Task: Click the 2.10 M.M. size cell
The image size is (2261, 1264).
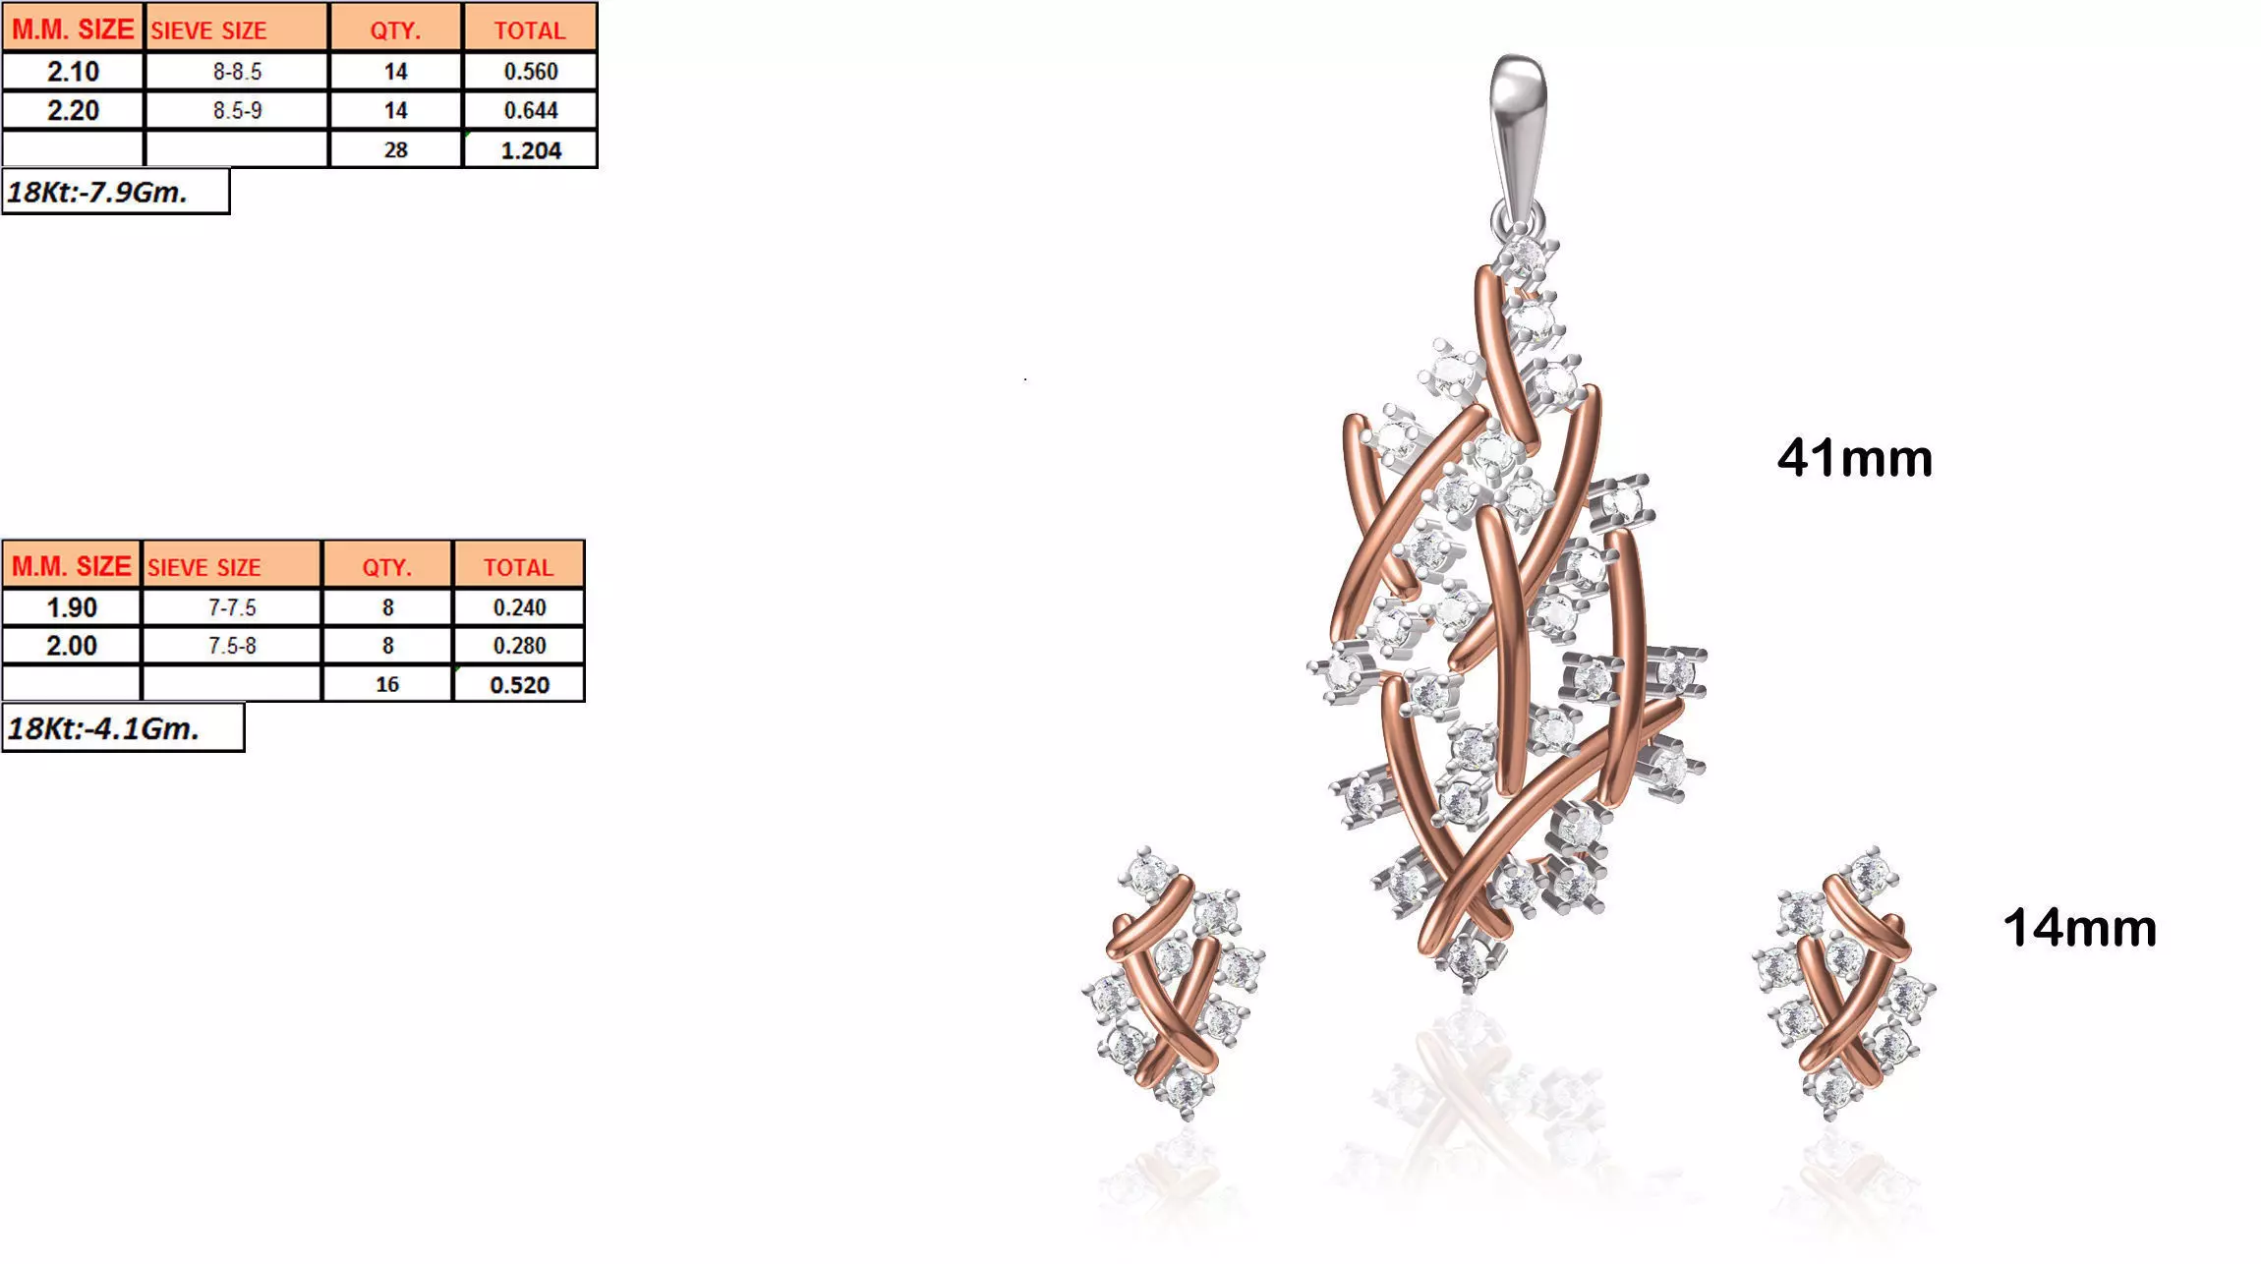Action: click(73, 72)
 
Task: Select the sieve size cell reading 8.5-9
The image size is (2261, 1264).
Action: click(237, 110)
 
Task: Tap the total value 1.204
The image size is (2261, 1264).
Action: click(531, 150)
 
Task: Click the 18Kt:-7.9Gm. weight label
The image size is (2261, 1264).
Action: click(98, 192)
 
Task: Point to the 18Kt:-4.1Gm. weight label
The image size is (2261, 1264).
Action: click(104, 728)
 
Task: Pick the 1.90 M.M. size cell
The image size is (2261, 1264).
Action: click(72, 607)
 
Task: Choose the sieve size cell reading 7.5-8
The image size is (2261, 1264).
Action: click(232, 646)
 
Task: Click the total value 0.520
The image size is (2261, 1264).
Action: click(519, 685)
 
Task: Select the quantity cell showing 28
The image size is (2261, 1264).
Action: click(395, 150)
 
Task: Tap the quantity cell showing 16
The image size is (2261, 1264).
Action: click(387, 685)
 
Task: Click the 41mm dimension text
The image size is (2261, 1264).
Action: click(1854, 458)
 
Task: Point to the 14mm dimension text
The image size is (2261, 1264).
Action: click(2079, 928)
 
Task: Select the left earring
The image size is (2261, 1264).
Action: click(1173, 983)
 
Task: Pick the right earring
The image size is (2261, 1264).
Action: click(1844, 983)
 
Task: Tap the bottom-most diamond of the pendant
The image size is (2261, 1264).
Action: click(1467, 959)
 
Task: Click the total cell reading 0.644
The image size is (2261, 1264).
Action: click(531, 110)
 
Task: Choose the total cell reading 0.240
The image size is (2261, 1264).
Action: click(519, 607)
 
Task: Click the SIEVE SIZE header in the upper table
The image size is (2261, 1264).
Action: click(237, 30)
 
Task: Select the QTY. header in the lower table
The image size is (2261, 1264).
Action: click(387, 567)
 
